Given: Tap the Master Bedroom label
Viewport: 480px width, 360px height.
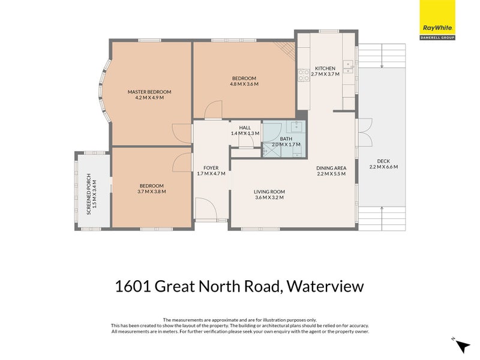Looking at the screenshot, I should [x=149, y=92].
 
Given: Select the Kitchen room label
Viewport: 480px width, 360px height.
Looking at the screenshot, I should [x=325, y=68].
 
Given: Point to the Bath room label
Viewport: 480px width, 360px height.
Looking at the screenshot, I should [x=286, y=139].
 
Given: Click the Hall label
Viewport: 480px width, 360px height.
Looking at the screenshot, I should [x=245, y=128].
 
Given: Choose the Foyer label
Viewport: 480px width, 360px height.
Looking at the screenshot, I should [x=211, y=167].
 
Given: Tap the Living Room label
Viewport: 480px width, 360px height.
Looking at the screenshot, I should [x=269, y=191].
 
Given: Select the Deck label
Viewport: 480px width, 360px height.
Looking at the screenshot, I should [x=383, y=161].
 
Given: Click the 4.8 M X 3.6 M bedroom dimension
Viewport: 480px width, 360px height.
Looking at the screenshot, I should [x=244, y=85].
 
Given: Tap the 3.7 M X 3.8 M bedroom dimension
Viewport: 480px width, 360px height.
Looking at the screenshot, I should [x=151, y=192].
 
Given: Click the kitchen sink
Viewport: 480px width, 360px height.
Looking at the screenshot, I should [x=347, y=64].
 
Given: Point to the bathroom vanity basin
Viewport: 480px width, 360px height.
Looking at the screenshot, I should [x=295, y=126].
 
